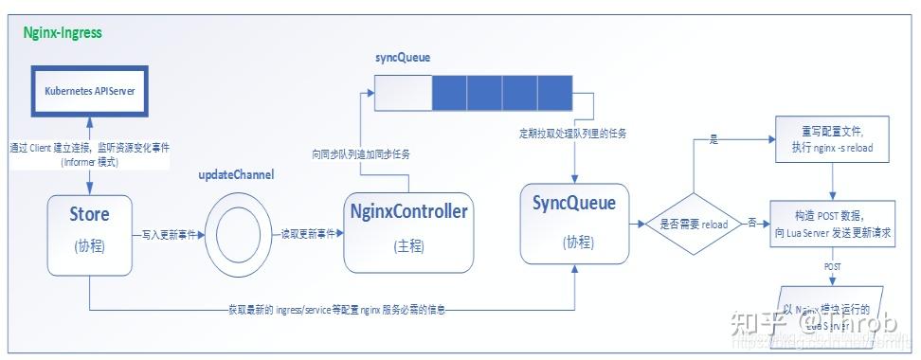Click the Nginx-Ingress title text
tap(63, 33)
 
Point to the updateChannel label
tap(236, 177)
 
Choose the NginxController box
tap(408, 227)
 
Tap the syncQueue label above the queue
tap(403, 58)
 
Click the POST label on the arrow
tap(832, 266)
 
